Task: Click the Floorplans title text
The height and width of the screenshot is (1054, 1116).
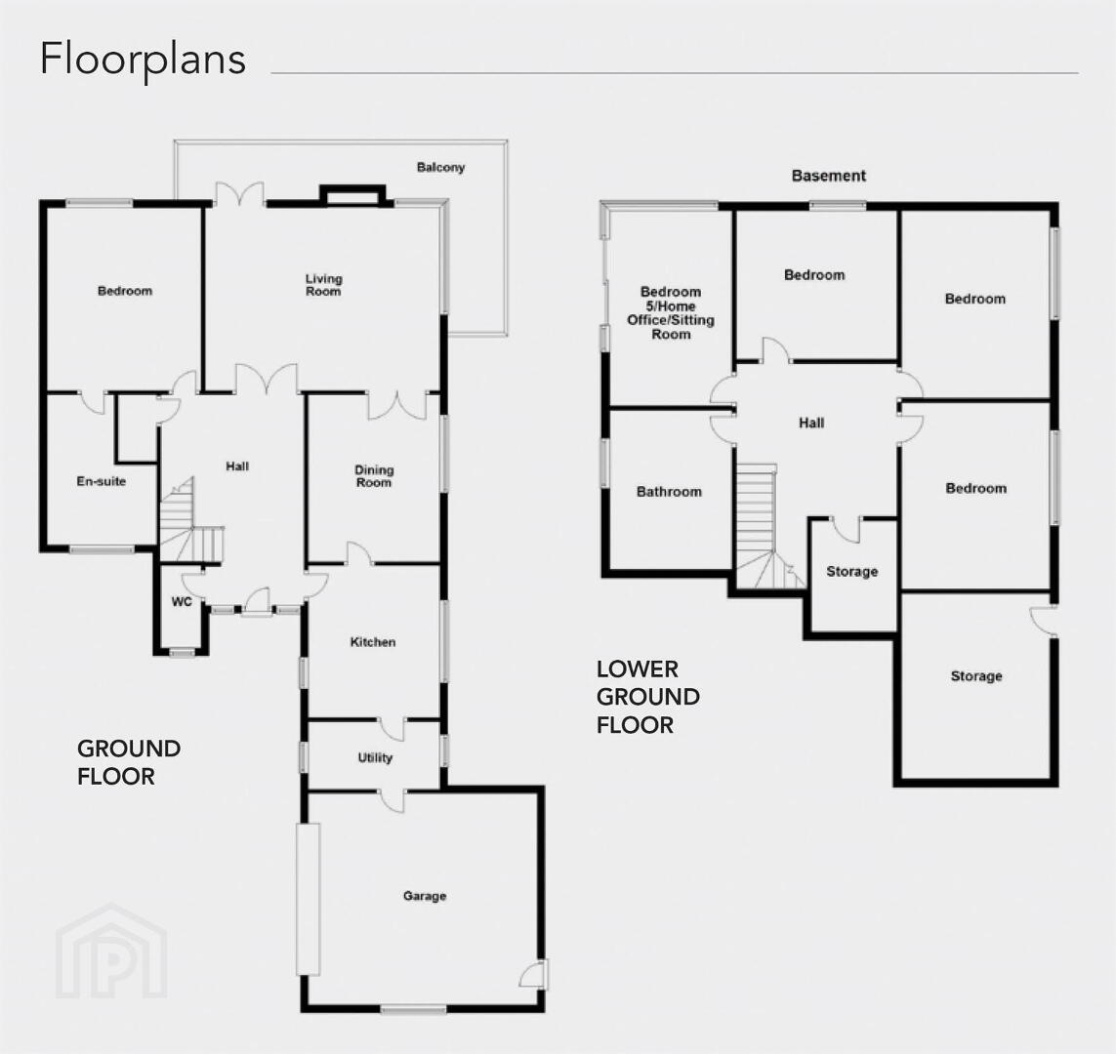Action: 144,60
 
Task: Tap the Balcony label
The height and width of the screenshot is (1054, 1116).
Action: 440,168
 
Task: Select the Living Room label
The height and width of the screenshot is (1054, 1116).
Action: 324,284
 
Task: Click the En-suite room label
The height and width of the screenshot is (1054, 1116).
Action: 102,481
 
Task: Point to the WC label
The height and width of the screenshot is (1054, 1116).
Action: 182,602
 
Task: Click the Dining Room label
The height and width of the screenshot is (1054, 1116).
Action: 374,476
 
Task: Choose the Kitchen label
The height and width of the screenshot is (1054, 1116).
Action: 373,642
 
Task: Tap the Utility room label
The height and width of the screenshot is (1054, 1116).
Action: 375,758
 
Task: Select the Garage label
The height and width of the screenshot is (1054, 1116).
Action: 425,896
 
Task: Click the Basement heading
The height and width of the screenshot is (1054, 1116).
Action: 829,176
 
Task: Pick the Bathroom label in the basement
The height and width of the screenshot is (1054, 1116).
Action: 669,492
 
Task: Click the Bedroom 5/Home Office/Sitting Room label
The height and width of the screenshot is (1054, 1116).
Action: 671,313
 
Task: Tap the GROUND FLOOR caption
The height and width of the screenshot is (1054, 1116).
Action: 129,762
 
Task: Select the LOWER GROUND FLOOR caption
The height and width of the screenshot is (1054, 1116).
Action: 648,697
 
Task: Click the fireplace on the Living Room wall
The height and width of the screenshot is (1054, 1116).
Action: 353,195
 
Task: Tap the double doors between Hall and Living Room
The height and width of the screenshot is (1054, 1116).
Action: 267,379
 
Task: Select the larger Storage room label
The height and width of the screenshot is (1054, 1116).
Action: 976,676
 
